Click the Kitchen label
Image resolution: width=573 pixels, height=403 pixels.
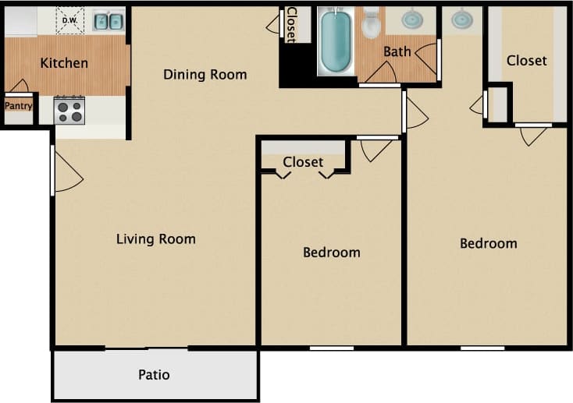click(x=64, y=63)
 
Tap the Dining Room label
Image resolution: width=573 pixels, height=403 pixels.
click(x=205, y=75)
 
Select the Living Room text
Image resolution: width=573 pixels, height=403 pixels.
click(x=155, y=239)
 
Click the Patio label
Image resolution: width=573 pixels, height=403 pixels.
click(x=154, y=375)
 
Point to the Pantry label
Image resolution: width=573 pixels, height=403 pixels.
click(x=18, y=105)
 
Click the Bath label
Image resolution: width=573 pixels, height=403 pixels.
click(x=397, y=52)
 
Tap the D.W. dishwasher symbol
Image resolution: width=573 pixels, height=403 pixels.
click(x=69, y=20)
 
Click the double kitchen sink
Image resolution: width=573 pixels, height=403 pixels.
click(x=109, y=21)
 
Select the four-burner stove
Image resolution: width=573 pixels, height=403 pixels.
click(x=69, y=111)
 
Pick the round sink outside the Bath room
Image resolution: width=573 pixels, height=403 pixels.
click(x=462, y=18)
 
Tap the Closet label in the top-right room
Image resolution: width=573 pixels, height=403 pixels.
click(x=526, y=60)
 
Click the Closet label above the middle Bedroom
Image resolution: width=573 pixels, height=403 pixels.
click(x=303, y=162)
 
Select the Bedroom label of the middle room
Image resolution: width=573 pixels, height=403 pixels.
click(x=331, y=252)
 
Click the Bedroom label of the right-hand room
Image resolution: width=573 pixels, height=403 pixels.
click(x=488, y=243)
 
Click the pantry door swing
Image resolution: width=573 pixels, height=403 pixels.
click(x=19, y=86)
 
